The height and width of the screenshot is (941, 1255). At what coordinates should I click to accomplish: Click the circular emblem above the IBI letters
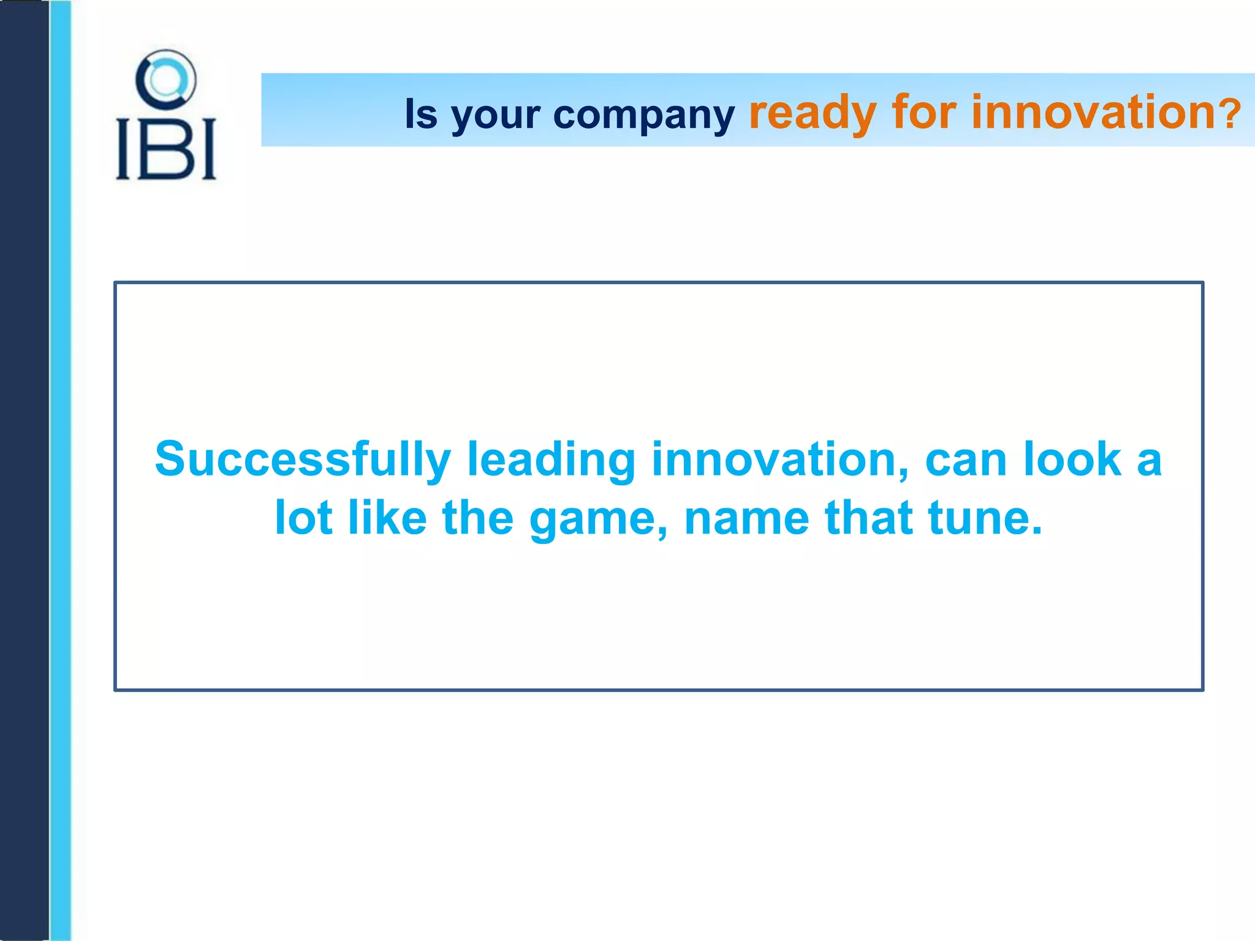tap(165, 80)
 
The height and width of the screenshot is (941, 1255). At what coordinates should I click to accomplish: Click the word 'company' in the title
tap(643, 115)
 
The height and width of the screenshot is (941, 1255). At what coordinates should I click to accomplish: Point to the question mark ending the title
tap(1229, 114)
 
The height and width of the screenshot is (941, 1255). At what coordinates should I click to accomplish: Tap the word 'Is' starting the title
tap(421, 114)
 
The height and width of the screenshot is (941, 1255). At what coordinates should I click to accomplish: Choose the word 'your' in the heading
tap(496, 116)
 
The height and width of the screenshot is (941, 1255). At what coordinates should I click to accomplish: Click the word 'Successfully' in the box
tap(303, 461)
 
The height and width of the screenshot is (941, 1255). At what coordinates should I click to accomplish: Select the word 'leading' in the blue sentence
tap(551, 461)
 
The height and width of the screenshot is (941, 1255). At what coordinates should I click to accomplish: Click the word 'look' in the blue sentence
tap(1072, 459)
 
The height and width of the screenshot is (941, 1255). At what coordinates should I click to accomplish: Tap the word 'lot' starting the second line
tap(303, 518)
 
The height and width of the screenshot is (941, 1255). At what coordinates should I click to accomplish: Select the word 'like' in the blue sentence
tap(387, 518)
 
